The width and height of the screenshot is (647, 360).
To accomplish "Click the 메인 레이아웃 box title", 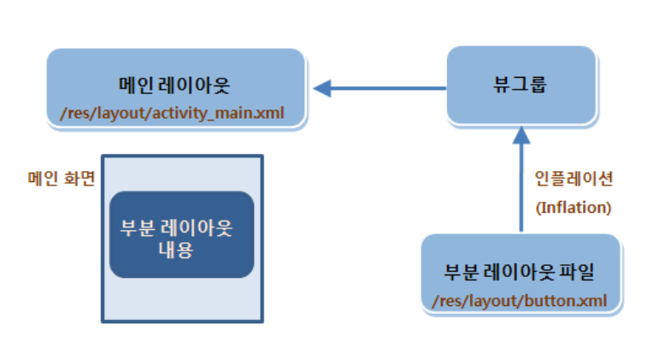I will click(175, 86).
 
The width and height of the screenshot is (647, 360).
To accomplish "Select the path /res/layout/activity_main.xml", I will click(175, 111).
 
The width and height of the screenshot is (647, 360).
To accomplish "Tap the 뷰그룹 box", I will click(521, 86).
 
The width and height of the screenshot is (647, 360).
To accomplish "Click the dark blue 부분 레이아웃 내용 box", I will click(177, 234).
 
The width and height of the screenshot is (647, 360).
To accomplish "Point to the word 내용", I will click(177, 251).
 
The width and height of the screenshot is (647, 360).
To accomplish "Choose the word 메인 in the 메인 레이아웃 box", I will click(134, 86).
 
